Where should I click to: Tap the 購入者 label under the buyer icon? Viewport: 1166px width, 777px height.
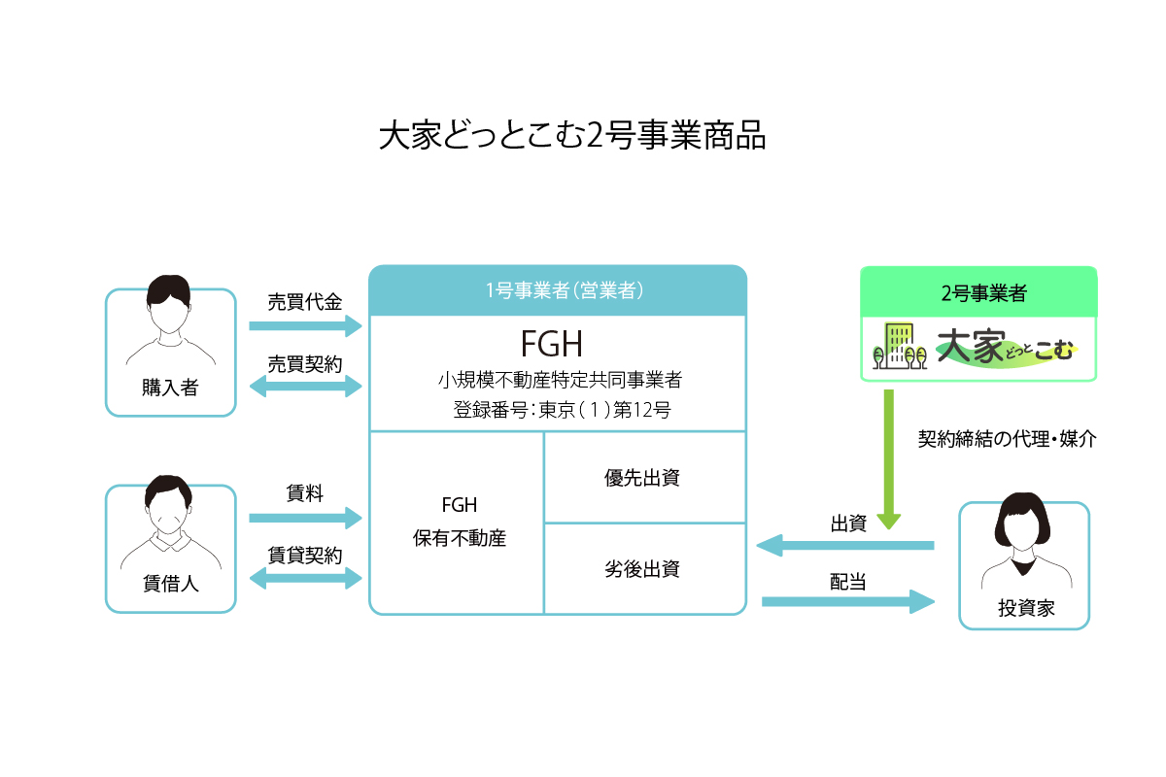coord(170,388)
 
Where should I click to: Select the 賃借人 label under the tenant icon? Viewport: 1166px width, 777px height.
coord(170,585)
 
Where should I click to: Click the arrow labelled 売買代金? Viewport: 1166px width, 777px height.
coord(305,325)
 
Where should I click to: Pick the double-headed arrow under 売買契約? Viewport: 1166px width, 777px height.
coord(305,387)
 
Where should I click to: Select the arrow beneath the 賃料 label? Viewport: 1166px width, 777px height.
coord(305,519)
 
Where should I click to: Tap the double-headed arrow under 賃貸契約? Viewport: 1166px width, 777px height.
coord(305,579)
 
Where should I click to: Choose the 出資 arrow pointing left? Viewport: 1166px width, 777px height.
coord(844,546)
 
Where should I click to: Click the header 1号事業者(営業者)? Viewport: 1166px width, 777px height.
coord(558,289)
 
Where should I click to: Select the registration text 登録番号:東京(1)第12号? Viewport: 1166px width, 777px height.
coord(562,410)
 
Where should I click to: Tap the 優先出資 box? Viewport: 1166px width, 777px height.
coord(644,477)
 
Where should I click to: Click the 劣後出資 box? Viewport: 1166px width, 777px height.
coord(644,569)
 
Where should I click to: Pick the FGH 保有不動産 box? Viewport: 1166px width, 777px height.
coord(457,523)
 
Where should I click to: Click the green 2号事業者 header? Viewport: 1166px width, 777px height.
coord(978,291)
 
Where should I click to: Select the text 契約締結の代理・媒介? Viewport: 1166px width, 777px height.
coord(1007,439)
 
